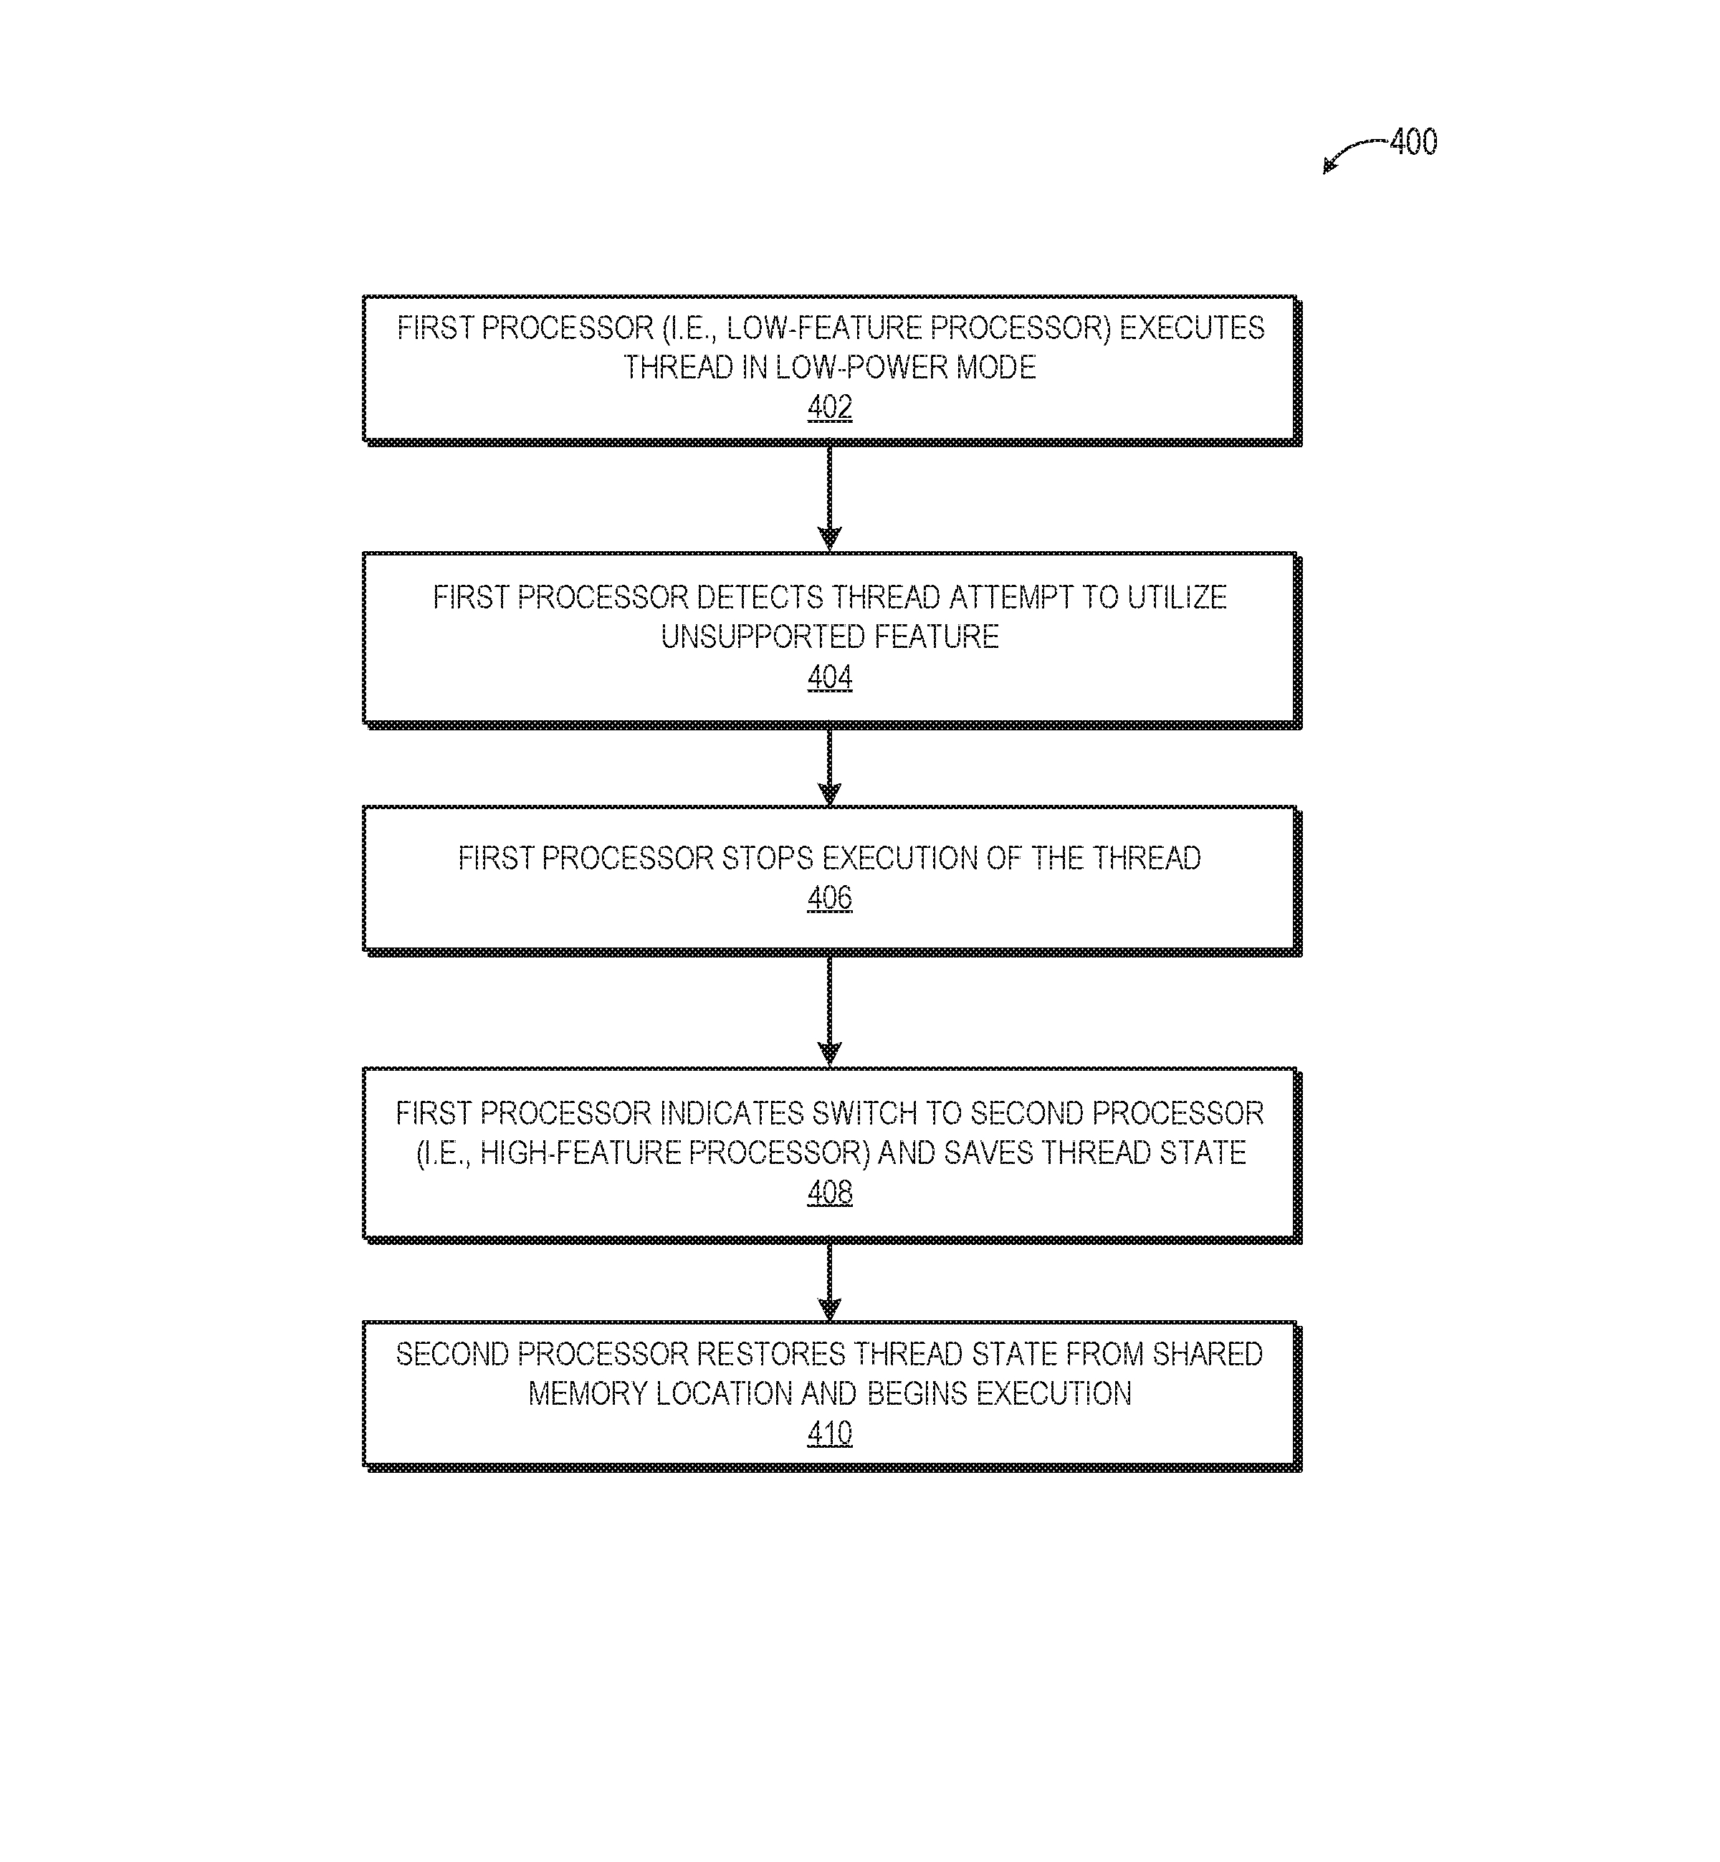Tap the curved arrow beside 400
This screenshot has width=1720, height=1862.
(x=1354, y=153)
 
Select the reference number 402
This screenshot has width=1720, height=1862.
(x=829, y=408)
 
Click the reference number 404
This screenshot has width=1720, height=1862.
(x=829, y=677)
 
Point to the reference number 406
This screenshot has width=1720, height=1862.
(x=829, y=898)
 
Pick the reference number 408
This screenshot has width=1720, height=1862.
(x=829, y=1192)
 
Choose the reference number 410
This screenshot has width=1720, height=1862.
(x=829, y=1433)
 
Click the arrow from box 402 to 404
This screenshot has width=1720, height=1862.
(x=829, y=498)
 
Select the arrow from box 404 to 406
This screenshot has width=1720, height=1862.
(x=829, y=767)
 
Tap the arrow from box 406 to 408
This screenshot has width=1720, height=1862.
(x=829, y=1011)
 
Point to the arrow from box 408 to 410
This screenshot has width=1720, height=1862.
(x=829, y=1281)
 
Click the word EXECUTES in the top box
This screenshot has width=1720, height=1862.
(x=1193, y=328)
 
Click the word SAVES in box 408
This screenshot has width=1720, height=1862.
(x=988, y=1153)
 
